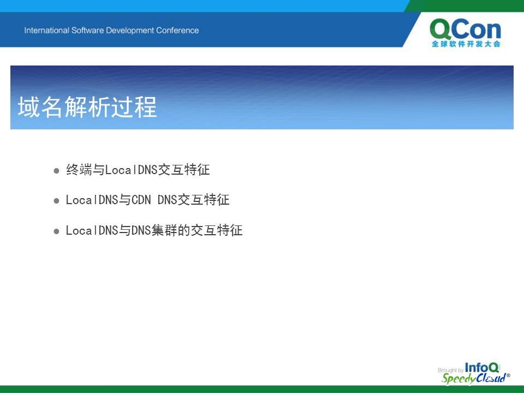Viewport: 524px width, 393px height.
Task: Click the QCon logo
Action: (466, 33)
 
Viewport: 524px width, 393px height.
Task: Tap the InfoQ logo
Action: (482, 367)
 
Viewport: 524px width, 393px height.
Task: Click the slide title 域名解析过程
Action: (87, 107)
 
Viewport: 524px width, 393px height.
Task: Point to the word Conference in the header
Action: (177, 31)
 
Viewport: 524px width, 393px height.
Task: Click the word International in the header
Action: (46, 31)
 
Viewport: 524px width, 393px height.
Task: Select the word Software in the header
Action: (87, 31)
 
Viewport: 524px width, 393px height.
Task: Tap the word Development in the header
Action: (130, 31)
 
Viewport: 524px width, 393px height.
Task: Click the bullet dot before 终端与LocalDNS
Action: (56, 171)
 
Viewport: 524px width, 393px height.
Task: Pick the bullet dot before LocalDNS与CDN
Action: (56, 201)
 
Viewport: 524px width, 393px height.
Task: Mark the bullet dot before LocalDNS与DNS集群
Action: (56, 231)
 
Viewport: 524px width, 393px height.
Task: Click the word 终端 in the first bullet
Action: (79, 170)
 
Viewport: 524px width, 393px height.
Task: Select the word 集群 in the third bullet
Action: (164, 230)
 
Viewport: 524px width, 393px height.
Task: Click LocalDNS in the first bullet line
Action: (132, 170)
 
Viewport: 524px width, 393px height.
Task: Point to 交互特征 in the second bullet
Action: (204, 200)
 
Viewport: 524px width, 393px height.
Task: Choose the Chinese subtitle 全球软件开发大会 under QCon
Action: (466, 44)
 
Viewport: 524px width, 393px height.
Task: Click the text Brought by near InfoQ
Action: (450, 370)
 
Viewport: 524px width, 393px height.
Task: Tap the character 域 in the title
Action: (29, 107)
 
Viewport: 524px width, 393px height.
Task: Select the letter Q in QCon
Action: (441, 29)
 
